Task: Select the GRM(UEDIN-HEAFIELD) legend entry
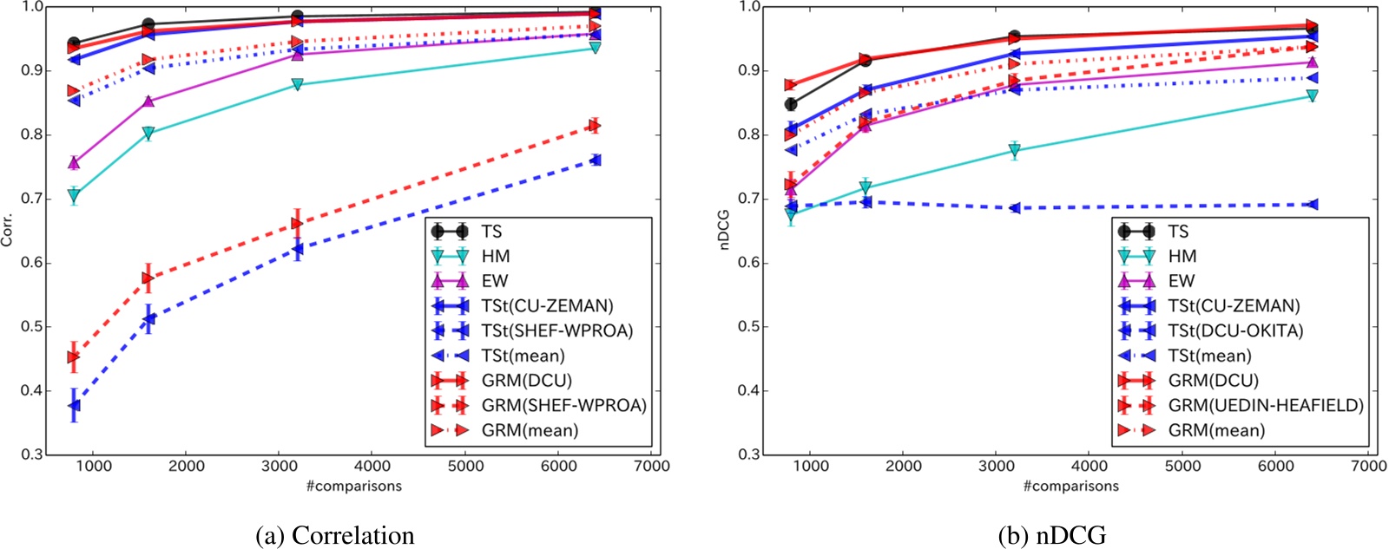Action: coord(1265,405)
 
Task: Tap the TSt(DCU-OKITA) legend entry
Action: coord(1235,330)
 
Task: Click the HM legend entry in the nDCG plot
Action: coord(1182,256)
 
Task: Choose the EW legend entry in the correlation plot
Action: coord(495,281)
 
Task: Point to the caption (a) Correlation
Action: coord(334,535)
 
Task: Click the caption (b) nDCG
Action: coord(1052,535)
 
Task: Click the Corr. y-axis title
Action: coord(8,230)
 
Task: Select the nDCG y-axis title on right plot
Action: coord(725,230)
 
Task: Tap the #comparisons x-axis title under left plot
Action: coord(353,486)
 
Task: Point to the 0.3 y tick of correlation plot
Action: coord(33,454)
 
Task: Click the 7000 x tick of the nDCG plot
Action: coord(1369,466)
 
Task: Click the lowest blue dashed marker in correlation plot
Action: coord(75,405)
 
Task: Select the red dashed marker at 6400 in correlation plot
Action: coord(595,126)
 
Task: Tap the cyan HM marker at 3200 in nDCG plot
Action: coord(1014,151)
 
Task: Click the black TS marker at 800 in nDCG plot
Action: coord(791,104)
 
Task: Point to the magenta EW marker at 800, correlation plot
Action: coord(74,162)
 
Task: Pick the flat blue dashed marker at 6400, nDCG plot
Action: coord(1312,205)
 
